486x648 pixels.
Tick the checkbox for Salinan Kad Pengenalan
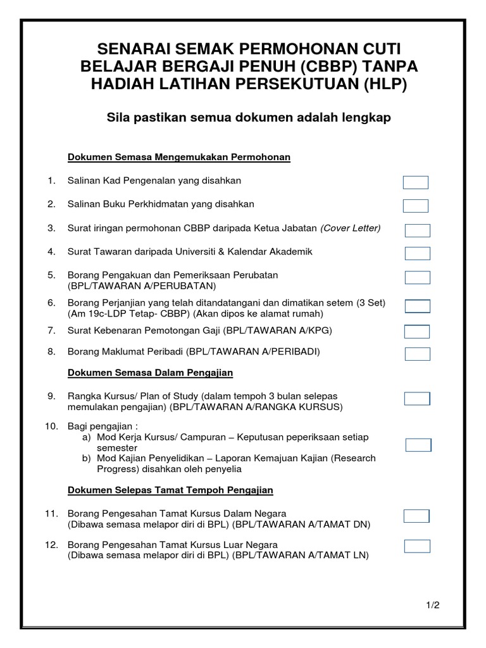pyautogui.click(x=416, y=183)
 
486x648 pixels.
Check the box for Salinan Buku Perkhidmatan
pyautogui.click(x=416, y=206)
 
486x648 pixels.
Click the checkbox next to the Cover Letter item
pyautogui.click(x=417, y=230)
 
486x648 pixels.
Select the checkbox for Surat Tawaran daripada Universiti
pyautogui.click(x=417, y=254)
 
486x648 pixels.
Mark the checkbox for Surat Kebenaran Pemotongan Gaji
pyautogui.click(x=417, y=332)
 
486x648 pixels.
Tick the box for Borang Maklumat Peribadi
pyautogui.click(x=417, y=354)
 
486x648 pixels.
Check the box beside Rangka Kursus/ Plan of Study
pyautogui.click(x=417, y=399)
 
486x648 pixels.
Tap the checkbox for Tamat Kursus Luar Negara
pyautogui.click(x=417, y=546)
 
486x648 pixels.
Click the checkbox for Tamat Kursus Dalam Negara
pyautogui.click(x=417, y=516)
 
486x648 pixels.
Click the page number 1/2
pyautogui.click(x=433, y=606)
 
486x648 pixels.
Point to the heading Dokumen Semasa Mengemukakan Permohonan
pyautogui.click(x=178, y=157)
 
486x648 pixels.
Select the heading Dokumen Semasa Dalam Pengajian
pyautogui.click(x=150, y=373)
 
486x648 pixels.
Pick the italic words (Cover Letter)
pyautogui.click(x=351, y=228)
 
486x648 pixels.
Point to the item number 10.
pyautogui.click(x=51, y=426)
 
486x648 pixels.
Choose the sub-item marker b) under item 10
pyautogui.click(x=87, y=458)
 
